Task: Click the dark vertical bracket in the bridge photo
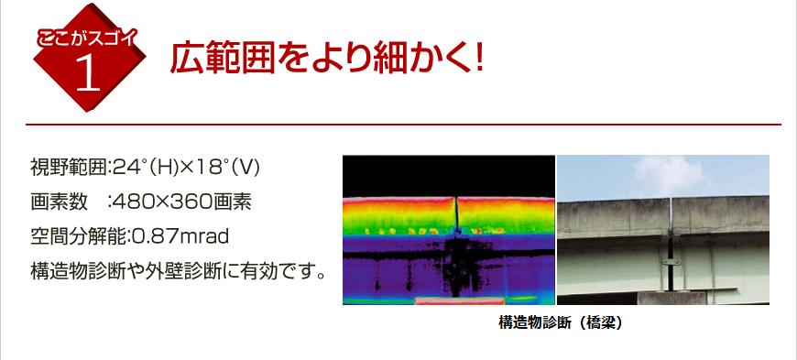pos(675,247)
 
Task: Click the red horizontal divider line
pos(403,124)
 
